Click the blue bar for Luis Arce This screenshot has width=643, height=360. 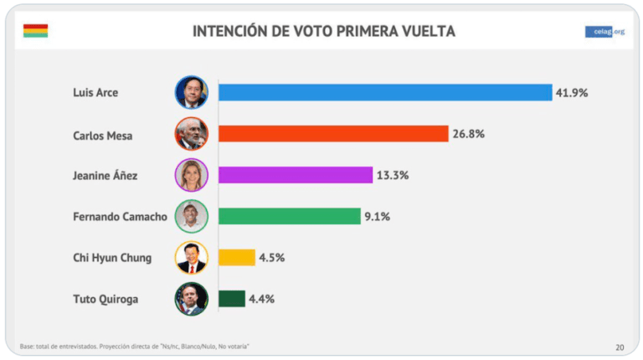coord(385,92)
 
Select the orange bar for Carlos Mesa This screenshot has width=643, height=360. coord(333,133)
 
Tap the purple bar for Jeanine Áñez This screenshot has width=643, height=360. coord(295,175)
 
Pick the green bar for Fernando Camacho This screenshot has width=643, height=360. coord(289,216)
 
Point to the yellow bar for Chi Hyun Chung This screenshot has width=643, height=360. coord(237,257)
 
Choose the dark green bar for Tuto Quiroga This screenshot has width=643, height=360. coord(232,298)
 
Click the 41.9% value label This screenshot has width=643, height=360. coord(572,92)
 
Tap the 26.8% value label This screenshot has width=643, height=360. coord(469,133)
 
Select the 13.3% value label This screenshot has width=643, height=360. coord(392,175)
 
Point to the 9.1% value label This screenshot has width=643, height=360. coord(377,216)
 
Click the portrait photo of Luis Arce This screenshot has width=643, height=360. coord(191,92)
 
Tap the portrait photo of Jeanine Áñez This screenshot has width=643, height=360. coord(191,175)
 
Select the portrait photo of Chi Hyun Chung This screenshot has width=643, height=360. coord(191,257)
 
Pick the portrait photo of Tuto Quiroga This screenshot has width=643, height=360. coord(191,298)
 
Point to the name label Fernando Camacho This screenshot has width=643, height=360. coord(121,216)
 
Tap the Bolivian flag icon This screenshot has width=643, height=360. coord(35,31)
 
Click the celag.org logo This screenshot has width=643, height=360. coord(605,32)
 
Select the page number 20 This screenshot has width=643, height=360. coord(619,347)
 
